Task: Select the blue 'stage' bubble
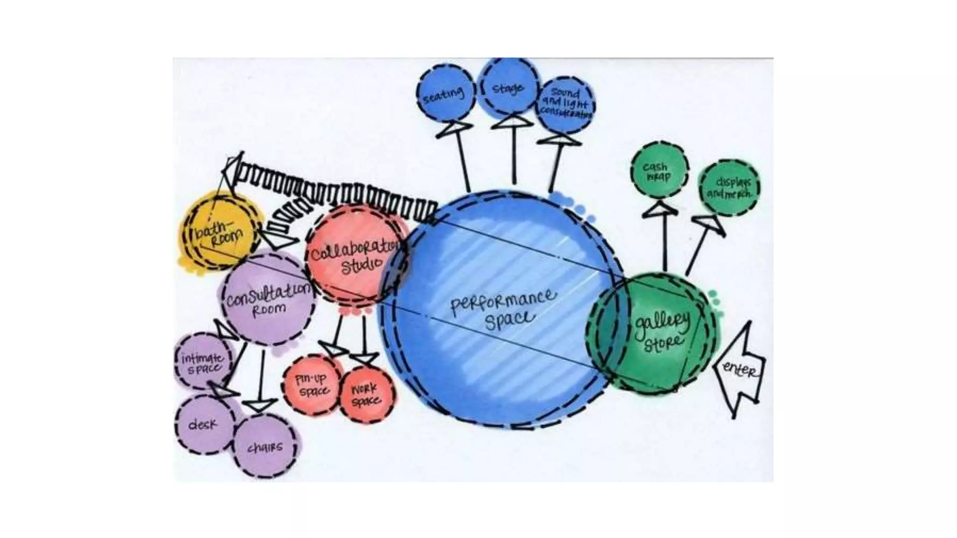(509, 87)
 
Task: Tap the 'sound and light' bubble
(566, 104)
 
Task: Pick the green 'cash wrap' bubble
(658, 172)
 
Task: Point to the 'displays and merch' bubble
(729, 187)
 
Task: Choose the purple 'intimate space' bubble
(203, 362)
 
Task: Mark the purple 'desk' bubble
(204, 425)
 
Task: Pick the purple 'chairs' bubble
(265, 447)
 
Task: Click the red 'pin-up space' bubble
(312, 384)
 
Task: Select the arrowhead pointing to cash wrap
(660, 210)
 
